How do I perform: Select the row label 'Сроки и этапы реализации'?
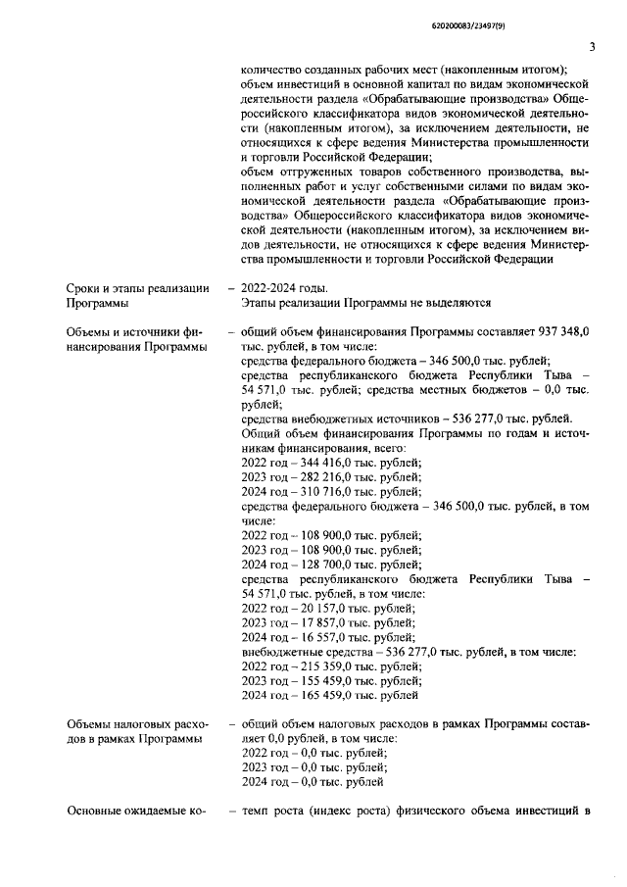137,287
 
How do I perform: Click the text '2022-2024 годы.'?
285,287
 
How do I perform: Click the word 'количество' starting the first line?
272,70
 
